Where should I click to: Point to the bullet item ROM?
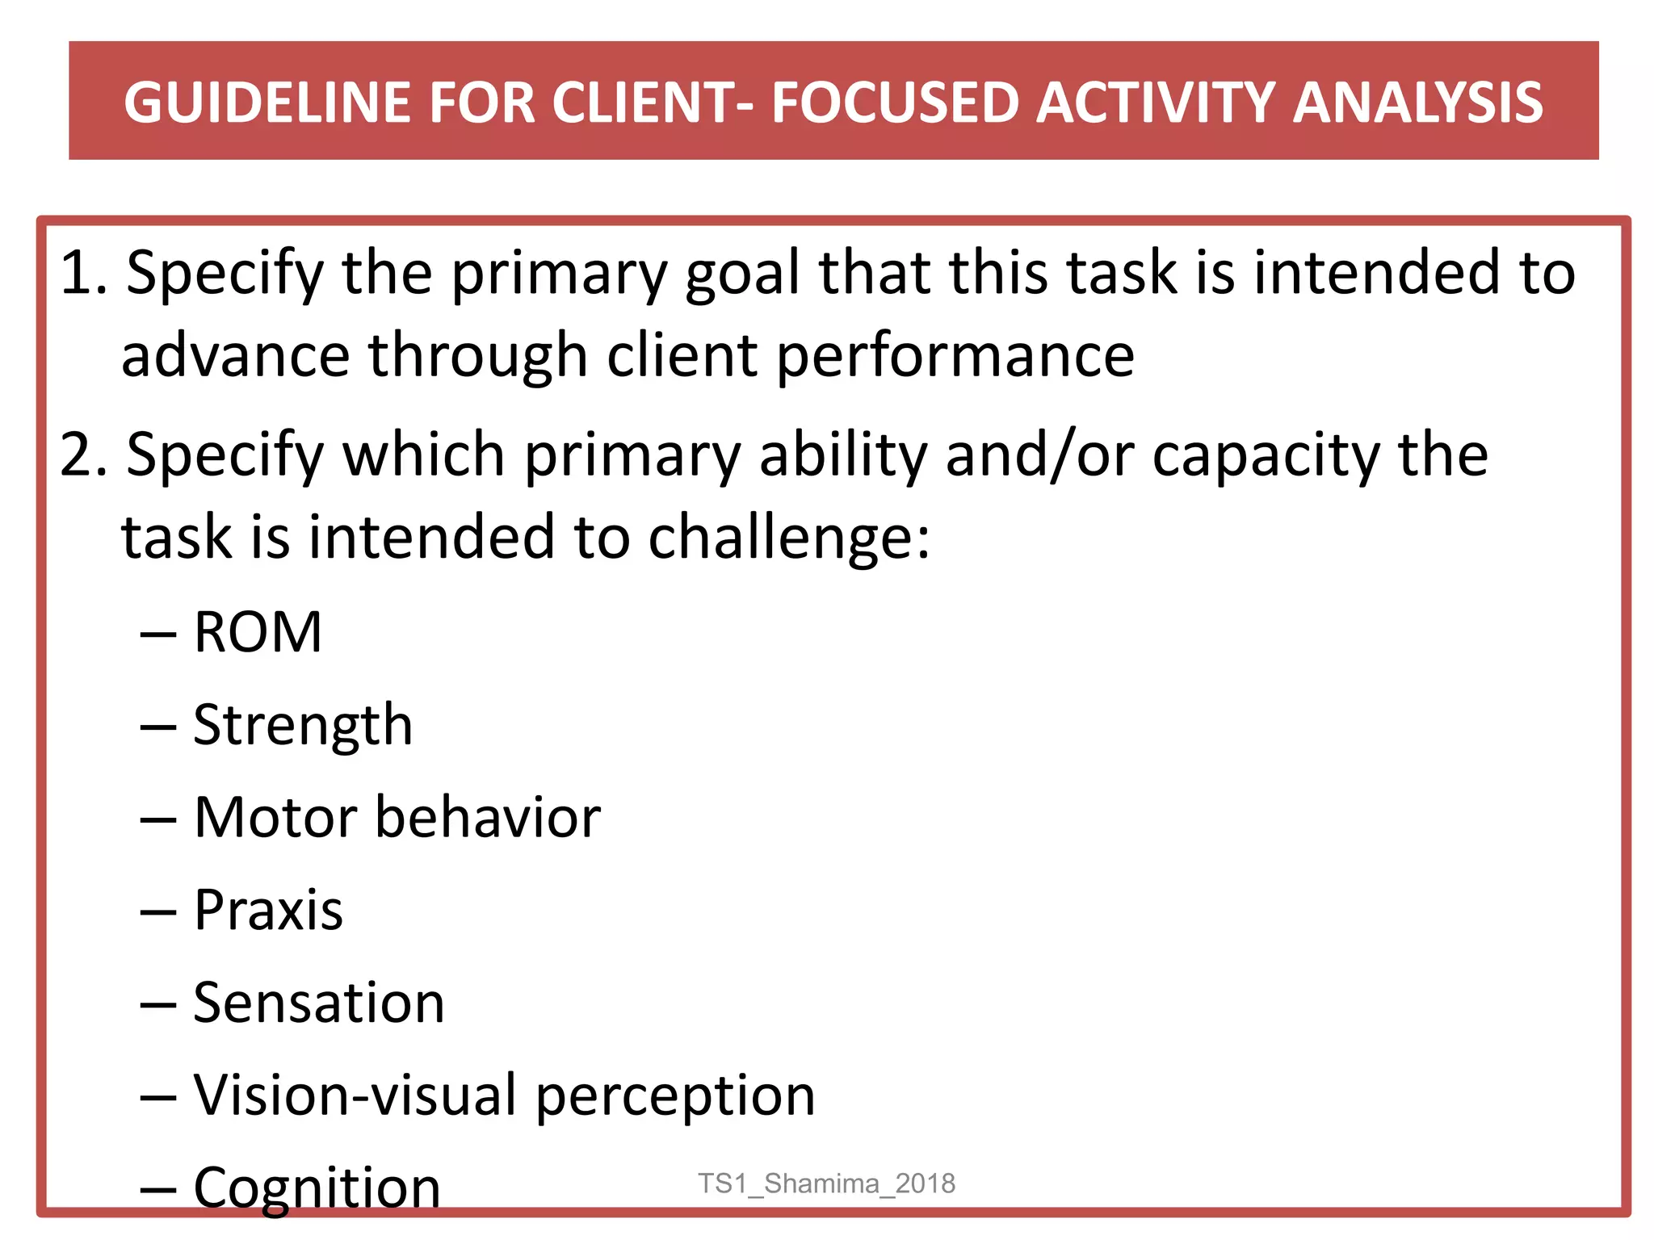click(258, 631)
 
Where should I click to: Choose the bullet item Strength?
click(303, 724)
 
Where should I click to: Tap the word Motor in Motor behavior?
click(275, 817)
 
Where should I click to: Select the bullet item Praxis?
click(268, 910)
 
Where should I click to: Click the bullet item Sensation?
click(318, 1003)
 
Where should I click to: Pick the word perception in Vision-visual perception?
click(675, 1096)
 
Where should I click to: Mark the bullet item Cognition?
click(317, 1188)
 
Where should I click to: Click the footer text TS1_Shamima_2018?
click(826, 1183)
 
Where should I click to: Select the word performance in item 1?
click(955, 356)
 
